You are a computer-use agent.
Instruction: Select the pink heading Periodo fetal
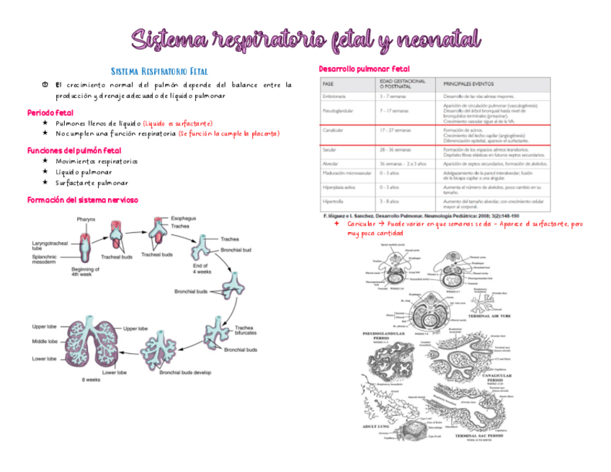(x=50, y=113)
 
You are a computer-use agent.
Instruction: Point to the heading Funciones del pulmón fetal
(x=73, y=150)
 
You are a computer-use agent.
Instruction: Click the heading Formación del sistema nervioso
(x=81, y=200)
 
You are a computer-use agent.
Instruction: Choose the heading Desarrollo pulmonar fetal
(x=364, y=68)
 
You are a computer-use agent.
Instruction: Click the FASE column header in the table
(x=329, y=84)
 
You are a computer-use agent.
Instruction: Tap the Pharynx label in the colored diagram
(x=86, y=219)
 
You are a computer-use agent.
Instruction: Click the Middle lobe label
(x=45, y=341)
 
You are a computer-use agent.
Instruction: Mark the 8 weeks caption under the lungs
(x=91, y=380)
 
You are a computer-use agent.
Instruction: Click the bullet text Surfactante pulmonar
(x=92, y=183)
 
